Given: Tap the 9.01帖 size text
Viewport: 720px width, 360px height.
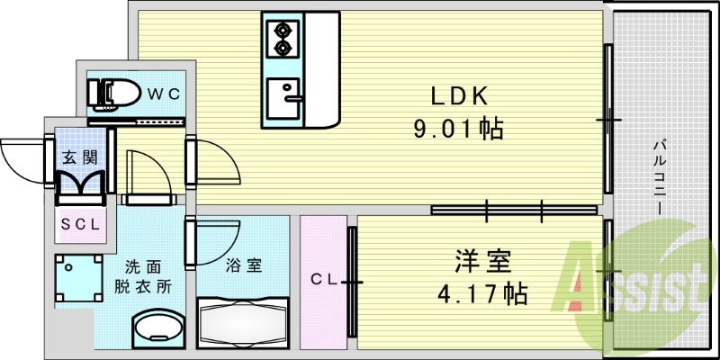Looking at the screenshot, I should click(457, 129).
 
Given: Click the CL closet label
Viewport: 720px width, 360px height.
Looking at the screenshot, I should click(324, 281).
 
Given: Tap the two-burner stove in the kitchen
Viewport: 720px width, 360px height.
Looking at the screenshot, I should click(283, 38).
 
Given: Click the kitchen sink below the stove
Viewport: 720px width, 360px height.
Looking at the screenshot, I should click(284, 94).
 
